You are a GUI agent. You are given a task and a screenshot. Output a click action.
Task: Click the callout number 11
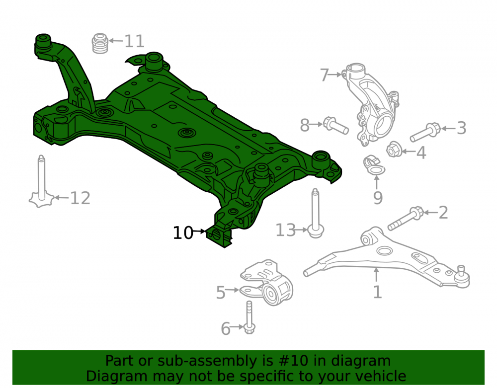click(134, 41)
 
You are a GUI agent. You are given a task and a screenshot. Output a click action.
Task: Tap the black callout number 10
click(183, 233)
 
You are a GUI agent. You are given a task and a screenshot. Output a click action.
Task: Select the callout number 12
click(80, 198)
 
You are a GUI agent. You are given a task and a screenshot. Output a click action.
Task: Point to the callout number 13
click(286, 230)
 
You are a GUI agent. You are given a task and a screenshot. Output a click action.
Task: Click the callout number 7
click(324, 76)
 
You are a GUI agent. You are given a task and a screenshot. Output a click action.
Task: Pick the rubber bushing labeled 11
click(100, 43)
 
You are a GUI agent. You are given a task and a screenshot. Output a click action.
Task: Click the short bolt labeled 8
click(335, 125)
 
